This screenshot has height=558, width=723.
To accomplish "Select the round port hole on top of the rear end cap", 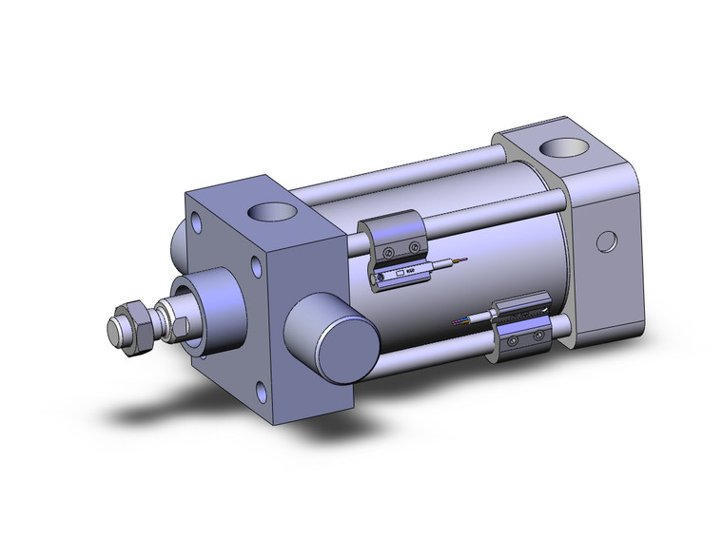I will pyautogui.click(x=568, y=148).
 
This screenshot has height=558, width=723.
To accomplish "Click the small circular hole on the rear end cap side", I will pyautogui.click(x=604, y=241).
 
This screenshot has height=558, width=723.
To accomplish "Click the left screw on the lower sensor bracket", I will pyautogui.click(x=514, y=339).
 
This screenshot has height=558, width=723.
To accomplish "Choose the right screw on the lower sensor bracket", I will pyautogui.click(x=539, y=335).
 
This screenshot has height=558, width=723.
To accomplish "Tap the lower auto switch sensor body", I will pyautogui.click(x=518, y=313).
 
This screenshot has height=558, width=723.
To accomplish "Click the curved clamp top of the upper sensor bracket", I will pyautogui.click(x=390, y=224).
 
